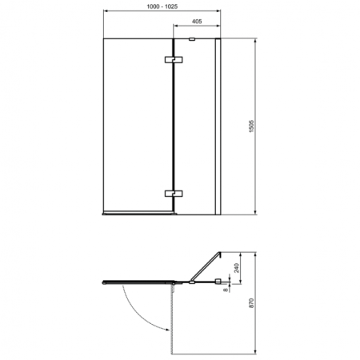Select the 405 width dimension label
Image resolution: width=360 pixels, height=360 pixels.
coord(197,23)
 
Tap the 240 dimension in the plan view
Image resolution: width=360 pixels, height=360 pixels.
coord(238,268)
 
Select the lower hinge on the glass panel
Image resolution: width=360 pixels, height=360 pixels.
coord(173,193)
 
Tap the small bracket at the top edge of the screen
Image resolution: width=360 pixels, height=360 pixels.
coord(192,38)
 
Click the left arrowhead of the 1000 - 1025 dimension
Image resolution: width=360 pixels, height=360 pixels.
coord(106,14)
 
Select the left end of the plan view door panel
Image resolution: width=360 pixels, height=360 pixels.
coord(106,281)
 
